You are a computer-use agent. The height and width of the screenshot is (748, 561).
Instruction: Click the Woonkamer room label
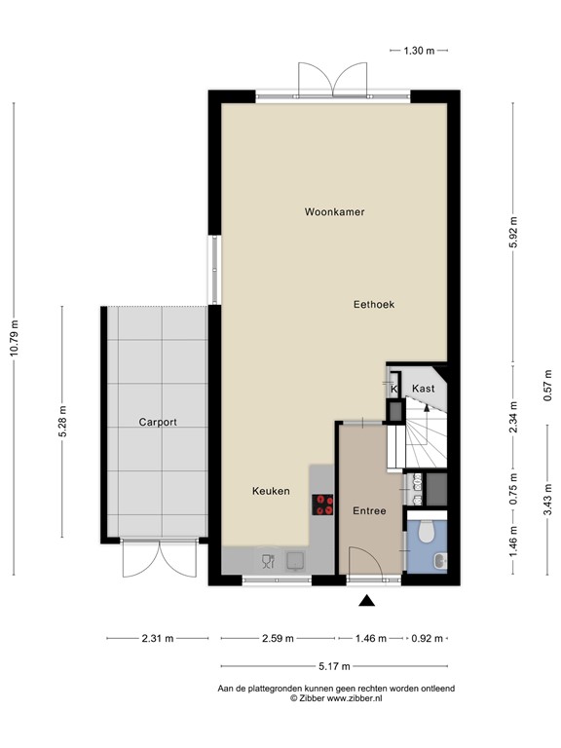tap(334, 211)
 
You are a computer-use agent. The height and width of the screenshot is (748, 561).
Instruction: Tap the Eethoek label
tap(373, 305)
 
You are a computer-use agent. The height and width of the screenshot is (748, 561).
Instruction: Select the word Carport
tap(157, 423)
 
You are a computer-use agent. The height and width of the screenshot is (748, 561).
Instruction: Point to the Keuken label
tap(270, 491)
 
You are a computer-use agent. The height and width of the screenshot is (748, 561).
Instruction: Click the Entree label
tap(369, 510)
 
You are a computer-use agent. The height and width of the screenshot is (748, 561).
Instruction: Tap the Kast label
tap(423, 389)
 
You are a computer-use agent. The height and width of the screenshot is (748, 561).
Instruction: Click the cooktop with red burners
tap(322, 504)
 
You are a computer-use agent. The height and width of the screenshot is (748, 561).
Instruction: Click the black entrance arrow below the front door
tap(366, 601)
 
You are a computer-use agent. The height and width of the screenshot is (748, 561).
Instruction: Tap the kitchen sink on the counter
tap(294, 559)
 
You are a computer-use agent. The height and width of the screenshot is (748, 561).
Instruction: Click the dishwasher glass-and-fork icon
tap(268, 559)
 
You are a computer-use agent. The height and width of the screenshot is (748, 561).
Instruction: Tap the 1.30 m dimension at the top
tap(419, 49)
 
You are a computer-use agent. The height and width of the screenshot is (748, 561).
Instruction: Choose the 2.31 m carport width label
tap(157, 639)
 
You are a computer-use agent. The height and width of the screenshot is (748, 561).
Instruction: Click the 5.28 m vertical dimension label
tap(63, 422)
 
